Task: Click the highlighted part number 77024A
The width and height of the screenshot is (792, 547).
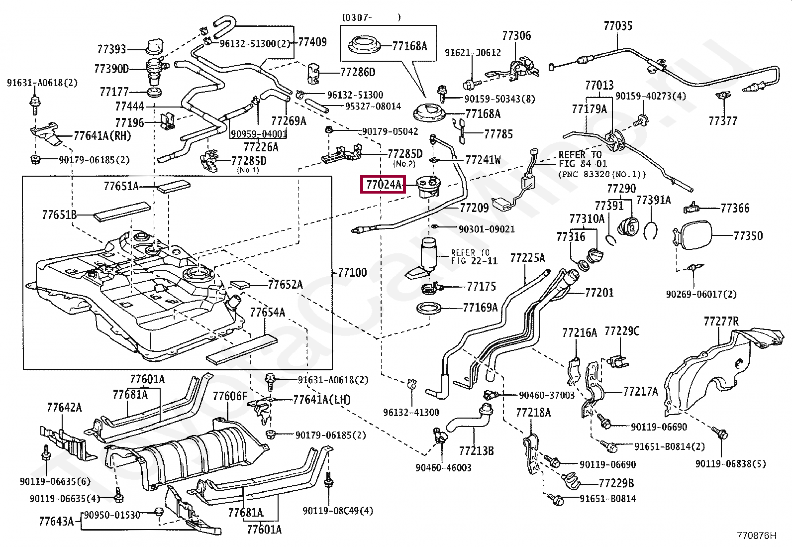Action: tap(383, 185)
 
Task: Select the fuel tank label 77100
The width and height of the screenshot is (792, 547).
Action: tap(352, 272)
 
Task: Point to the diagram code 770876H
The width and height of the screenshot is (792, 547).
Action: tap(756, 536)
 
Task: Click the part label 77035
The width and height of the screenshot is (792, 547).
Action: tap(618, 25)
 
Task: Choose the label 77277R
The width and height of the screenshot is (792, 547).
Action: tap(721, 321)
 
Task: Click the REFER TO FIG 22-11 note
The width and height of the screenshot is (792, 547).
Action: tap(470, 256)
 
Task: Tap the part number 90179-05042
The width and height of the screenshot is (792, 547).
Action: tap(390, 131)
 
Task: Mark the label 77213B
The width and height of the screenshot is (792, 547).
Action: tap(476, 451)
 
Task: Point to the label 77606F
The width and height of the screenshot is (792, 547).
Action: tap(230, 396)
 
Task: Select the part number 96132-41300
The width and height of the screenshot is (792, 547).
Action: tap(411, 412)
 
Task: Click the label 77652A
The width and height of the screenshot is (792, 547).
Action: tap(285, 284)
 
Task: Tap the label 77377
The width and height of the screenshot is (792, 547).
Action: tap(723, 121)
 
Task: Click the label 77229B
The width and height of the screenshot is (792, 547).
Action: tap(616, 483)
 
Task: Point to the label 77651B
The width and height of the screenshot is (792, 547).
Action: tap(59, 215)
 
